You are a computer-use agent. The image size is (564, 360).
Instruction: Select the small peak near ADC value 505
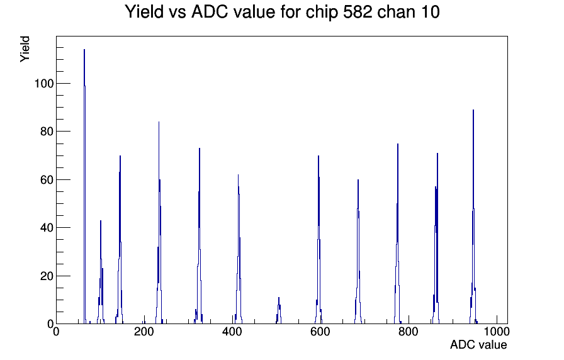279,311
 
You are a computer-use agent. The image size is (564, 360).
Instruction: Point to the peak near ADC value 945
473,216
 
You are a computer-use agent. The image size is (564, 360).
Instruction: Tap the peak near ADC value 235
159,223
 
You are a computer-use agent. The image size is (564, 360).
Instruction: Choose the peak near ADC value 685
358,252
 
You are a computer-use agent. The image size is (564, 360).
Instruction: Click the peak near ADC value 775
397,233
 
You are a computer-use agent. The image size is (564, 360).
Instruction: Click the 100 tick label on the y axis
44,84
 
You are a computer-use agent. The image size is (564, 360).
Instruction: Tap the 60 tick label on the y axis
47,180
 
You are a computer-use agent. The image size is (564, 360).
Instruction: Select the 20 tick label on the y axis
47,276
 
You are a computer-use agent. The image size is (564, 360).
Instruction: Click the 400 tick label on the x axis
232,332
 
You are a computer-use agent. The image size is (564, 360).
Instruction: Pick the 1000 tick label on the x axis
497,332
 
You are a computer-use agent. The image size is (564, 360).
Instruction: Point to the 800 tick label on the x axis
409,332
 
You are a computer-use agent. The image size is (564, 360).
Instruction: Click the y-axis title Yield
25,49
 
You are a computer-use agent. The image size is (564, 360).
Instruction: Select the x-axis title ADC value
478,344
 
